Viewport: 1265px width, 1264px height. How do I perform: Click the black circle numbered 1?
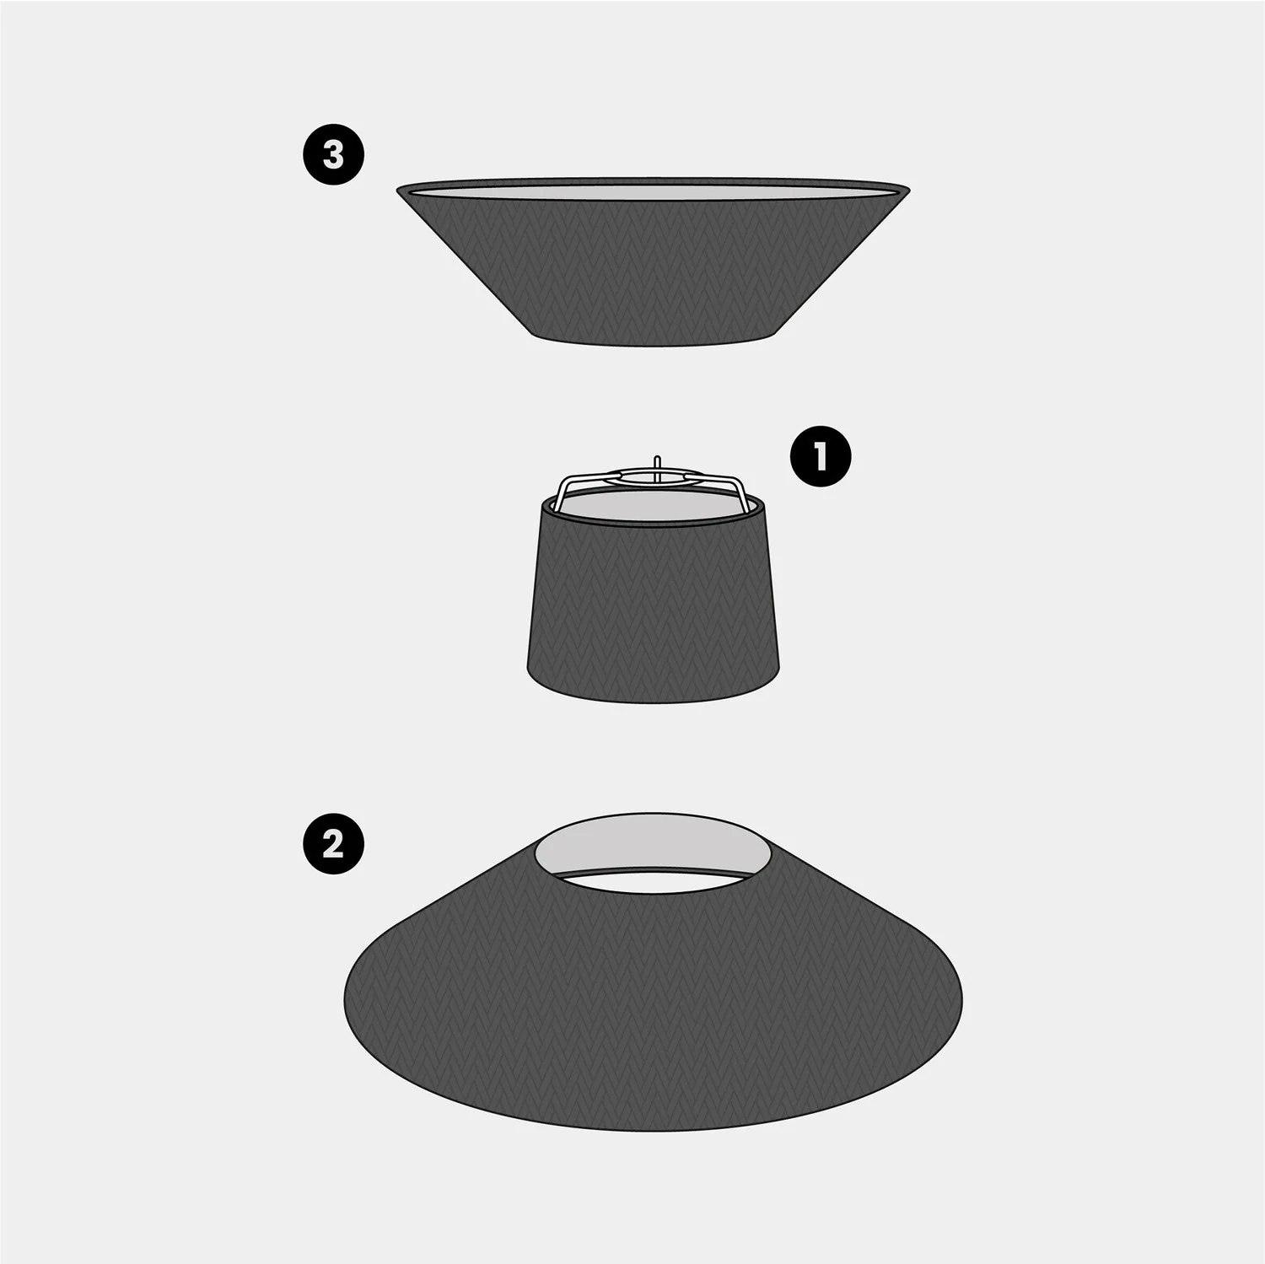tap(820, 457)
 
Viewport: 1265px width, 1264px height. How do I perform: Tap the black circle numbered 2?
tap(334, 843)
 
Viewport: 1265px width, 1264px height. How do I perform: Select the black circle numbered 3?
tap(334, 155)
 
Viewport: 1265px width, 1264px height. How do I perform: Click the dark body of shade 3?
tap(654, 270)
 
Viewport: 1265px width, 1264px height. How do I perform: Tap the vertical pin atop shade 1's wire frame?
tap(656, 464)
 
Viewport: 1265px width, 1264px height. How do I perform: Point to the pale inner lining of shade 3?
tap(654, 192)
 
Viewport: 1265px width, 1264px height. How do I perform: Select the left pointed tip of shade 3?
tap(397, 190)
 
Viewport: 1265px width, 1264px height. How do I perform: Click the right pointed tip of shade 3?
tap(912, 187)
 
